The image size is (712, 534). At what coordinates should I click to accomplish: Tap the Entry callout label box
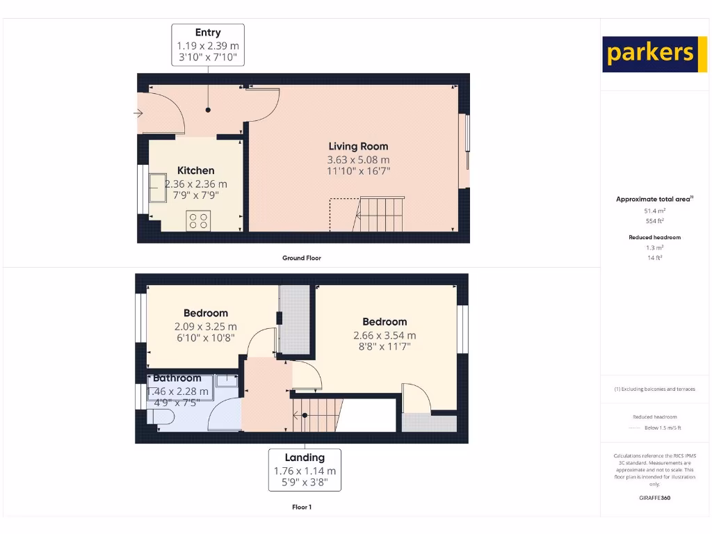point(208,44)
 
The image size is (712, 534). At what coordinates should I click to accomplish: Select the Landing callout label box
point(305,469)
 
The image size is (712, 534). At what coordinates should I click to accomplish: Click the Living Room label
point(358,147)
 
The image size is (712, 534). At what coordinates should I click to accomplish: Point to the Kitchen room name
point(196,170)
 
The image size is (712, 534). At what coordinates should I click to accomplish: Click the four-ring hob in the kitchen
point(197,220)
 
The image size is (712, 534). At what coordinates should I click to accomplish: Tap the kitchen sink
point(156,186)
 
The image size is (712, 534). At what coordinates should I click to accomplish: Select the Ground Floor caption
point(302,258)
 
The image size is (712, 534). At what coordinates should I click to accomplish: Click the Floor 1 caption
point(302,507)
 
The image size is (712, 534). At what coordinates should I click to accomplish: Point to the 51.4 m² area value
point(655,210)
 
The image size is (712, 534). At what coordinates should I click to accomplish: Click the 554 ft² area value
point(655,220)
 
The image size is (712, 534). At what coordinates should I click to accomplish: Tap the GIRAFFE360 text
point(655,498)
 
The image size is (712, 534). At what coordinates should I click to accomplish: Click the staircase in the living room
point(379,213)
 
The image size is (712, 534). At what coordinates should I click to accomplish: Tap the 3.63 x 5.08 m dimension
point(358,159)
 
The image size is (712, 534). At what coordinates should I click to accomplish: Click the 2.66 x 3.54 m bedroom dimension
point(385,335)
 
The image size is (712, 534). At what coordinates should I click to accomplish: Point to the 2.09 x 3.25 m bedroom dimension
point(205,326)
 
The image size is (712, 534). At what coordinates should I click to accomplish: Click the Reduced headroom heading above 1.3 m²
point(655,237)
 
